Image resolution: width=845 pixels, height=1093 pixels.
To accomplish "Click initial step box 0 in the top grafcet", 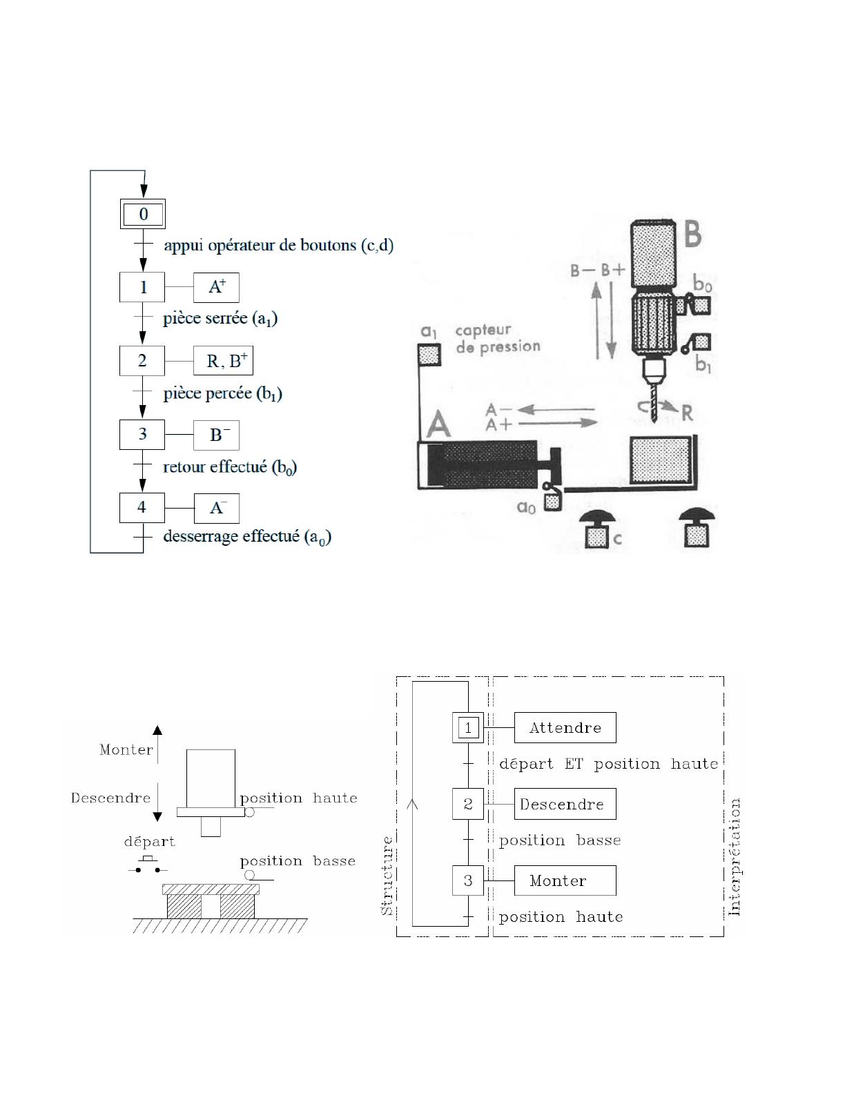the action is coord(143,214).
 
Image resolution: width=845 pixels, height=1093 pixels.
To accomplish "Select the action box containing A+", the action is coord(216,287).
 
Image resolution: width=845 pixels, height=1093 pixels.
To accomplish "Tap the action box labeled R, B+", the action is coord(224,361).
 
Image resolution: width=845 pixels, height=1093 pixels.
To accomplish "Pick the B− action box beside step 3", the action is coord(216,435).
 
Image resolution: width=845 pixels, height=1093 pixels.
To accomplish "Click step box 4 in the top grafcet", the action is coord(142,508).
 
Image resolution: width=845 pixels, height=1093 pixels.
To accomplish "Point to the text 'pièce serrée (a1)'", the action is coord(220,319).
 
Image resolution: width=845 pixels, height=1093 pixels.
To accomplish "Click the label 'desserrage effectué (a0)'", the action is coord(247,537).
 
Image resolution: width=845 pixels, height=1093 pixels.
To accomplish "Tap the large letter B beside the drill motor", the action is coord(692,234).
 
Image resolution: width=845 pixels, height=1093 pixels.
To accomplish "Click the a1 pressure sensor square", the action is coord(429,355).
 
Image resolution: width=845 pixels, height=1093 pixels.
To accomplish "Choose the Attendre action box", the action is coord(565,727).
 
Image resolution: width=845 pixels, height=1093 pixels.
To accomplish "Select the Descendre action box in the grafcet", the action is coord(565,804).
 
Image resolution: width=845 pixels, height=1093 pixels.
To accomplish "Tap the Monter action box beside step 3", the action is coord(565,880).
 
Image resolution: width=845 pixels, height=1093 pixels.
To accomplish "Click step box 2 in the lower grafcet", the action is coord(468,804).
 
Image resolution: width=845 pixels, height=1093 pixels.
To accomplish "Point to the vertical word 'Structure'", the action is coord(387,876).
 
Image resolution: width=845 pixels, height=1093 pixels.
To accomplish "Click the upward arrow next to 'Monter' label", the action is coord(157,745).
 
